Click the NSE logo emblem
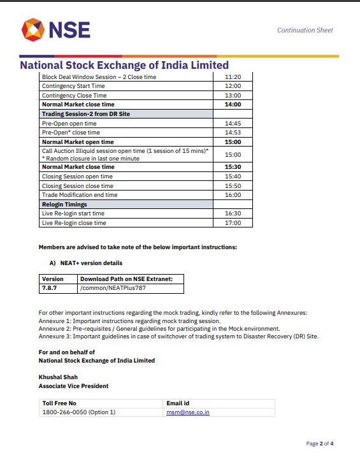pyautogui.click(x=32, y=29)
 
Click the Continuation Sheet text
pyautogui.click(x=305, y=31)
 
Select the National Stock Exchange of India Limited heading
pyautogui.click(x=124, y=65)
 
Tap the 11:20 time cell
pyautogui.click(x=233, y=76)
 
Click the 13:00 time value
pyautogui.click(x=233, y=95)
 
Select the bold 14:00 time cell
pyautogui.click(x=233, y=105)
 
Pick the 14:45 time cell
pyautogui.click(x=233, y=123)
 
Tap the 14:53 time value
pyautogui.click(x=233, y=132)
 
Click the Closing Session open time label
pyautogui.click(x=77, y=177)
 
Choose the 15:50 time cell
pyautogui.click(x=233, y=185)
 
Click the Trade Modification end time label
pyautogui.click(x=80, y=195)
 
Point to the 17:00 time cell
pyautogui.click(x=233, y=223)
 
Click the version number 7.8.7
pyautogui.click(x=50, y=288)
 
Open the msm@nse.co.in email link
pyautogui.click(x=188, y=412)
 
